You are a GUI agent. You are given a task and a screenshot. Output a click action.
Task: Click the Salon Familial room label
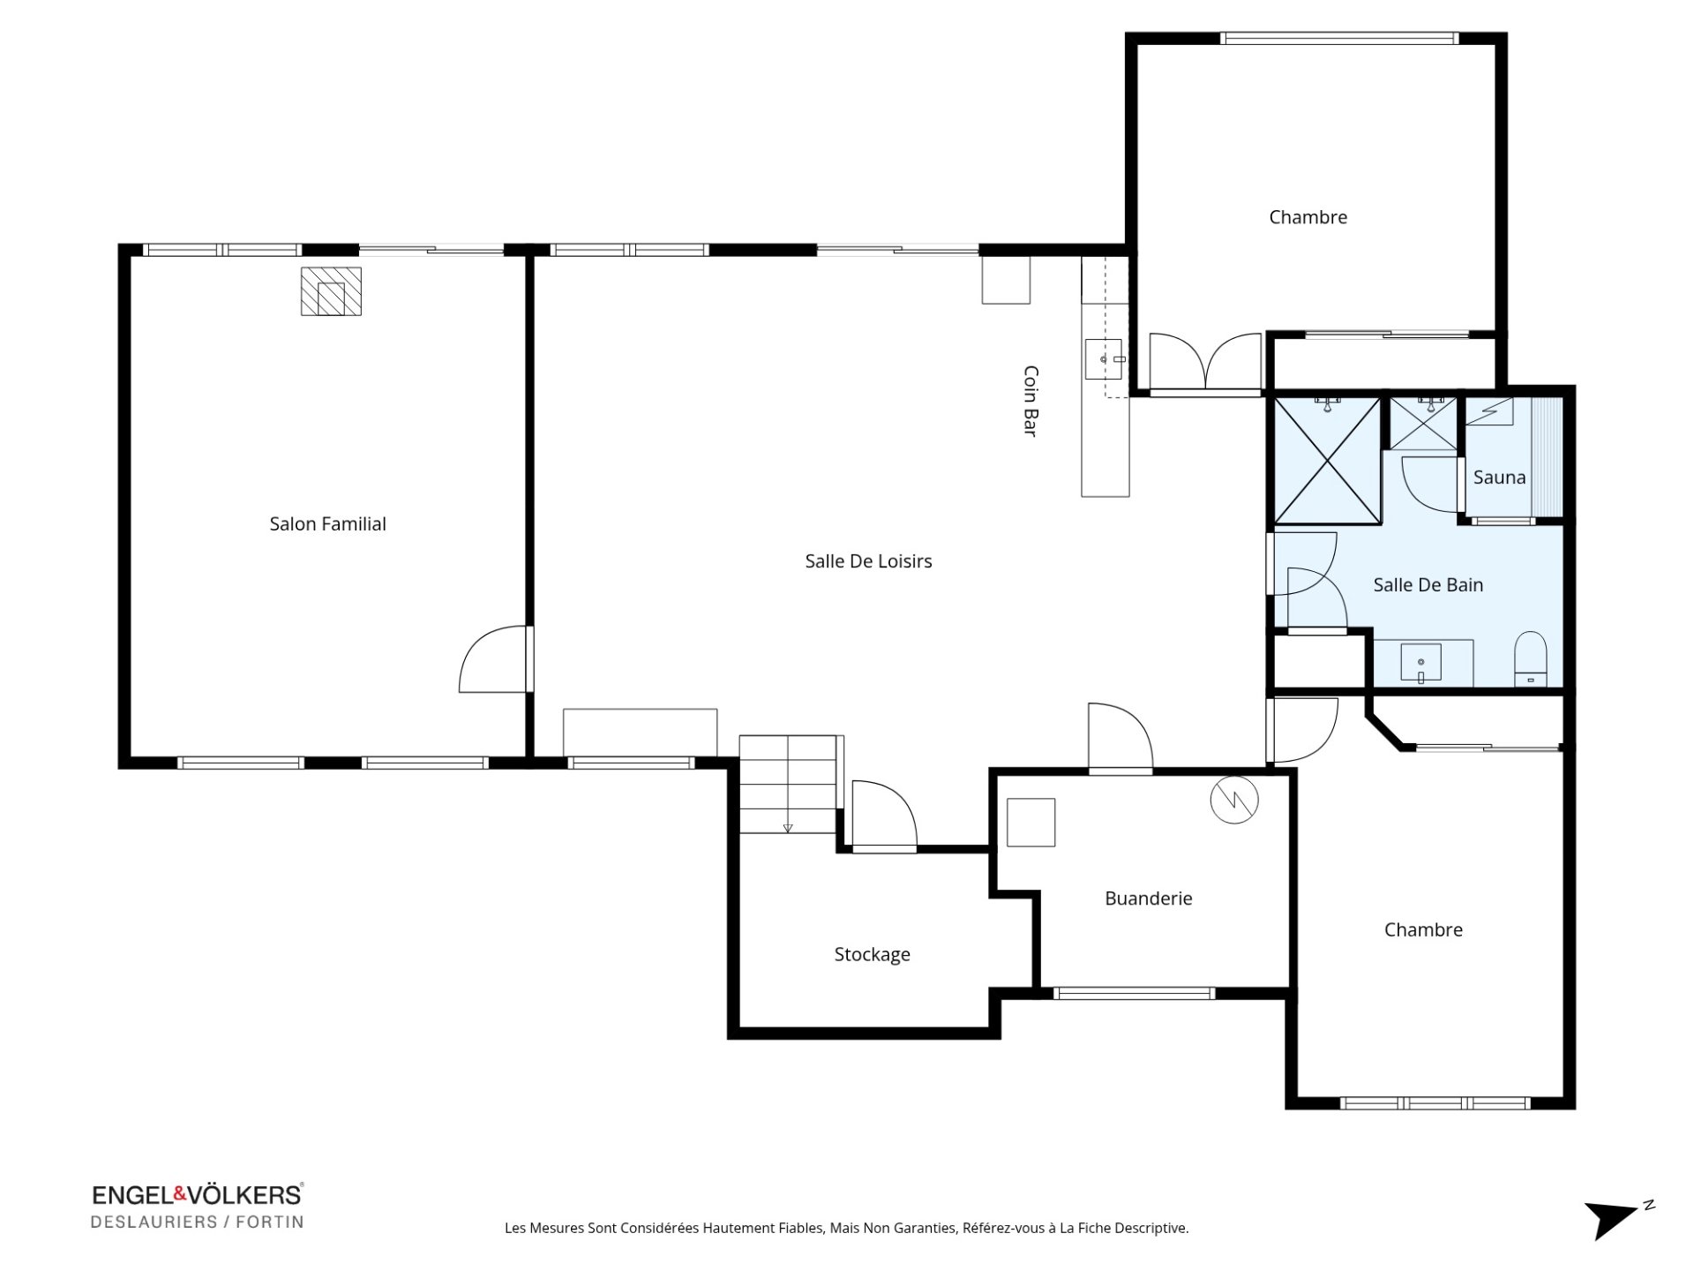tap(327, 523)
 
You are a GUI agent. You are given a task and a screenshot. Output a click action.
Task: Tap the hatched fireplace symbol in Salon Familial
tap(331, 291)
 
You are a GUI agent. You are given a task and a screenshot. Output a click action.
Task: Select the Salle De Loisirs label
tap(868, 560)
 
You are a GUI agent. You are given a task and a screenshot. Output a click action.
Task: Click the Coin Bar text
tap(1030, 401)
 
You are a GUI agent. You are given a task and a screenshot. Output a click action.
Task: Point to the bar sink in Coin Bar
tap(1104, 359)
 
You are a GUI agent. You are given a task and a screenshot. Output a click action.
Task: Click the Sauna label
tap(1499, 478)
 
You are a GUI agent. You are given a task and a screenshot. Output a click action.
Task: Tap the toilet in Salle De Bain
tap(1530, 658)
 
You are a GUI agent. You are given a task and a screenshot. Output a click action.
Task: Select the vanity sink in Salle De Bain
tap(1420, 662)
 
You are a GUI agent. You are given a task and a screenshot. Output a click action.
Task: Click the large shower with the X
tap(1327, 460)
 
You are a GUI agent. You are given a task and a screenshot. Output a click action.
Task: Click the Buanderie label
tap(1148, 898)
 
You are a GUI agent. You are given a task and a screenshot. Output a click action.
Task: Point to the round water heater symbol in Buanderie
tap(1233, 800)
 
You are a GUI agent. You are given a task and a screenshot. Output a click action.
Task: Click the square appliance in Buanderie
tap(1031, 823)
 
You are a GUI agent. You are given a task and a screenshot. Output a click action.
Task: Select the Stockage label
tap(872, 954)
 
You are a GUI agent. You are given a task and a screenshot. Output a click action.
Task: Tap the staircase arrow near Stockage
tap(788, 826)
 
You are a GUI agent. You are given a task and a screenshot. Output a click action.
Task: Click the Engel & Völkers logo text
tap(197, 1195)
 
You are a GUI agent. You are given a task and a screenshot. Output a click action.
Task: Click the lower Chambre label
tap(1423, 929)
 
